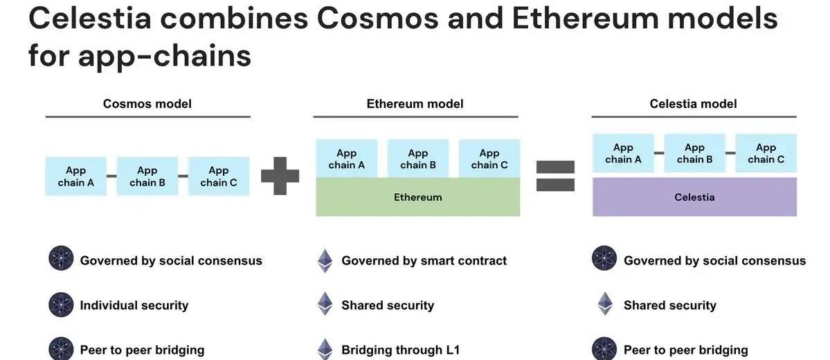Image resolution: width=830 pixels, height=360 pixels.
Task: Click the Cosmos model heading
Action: pos(147,104)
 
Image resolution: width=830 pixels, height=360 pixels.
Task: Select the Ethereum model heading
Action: pos(415,104)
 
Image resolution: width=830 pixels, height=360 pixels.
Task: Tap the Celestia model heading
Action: pos(693,104)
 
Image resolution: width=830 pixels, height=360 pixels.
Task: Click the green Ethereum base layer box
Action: pos(417,197)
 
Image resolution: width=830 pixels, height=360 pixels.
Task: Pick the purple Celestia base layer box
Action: pos(694,197)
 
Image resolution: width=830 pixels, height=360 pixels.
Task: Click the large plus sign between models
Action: pos(280,175)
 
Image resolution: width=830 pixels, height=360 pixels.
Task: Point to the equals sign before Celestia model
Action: pos(555,175)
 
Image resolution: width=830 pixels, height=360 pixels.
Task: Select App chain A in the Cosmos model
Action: pos(76,176)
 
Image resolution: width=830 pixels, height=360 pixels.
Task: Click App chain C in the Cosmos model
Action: pos(219,176)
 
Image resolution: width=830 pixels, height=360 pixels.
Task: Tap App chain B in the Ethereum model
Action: pos(418,159)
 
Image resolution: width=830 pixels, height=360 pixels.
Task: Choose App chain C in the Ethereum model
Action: pos(489,159)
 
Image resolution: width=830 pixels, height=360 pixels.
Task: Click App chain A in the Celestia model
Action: pos(623,153)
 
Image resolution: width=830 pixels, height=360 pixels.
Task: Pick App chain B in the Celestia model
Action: pos(694,153)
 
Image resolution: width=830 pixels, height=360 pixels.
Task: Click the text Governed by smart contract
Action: pos(424,261)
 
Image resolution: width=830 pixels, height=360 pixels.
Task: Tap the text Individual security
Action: pos(134,305)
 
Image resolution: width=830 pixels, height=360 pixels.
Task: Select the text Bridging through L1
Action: pos(399,350)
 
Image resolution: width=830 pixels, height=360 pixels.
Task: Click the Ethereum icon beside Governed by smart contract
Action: pos(325,261)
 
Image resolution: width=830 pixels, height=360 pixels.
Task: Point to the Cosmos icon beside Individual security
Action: pos(61,305)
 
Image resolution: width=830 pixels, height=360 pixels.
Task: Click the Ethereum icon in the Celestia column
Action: pos(605,305)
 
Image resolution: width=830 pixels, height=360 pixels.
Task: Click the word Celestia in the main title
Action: pos(90,19)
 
